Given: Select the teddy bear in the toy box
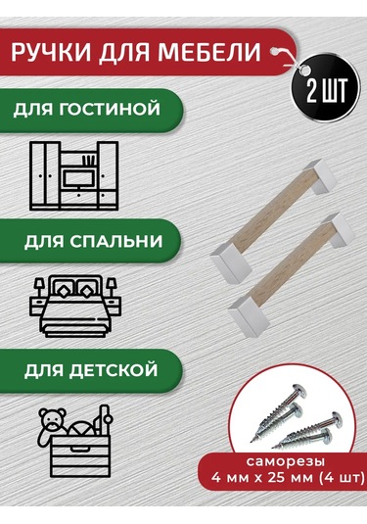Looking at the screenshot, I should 50,421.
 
